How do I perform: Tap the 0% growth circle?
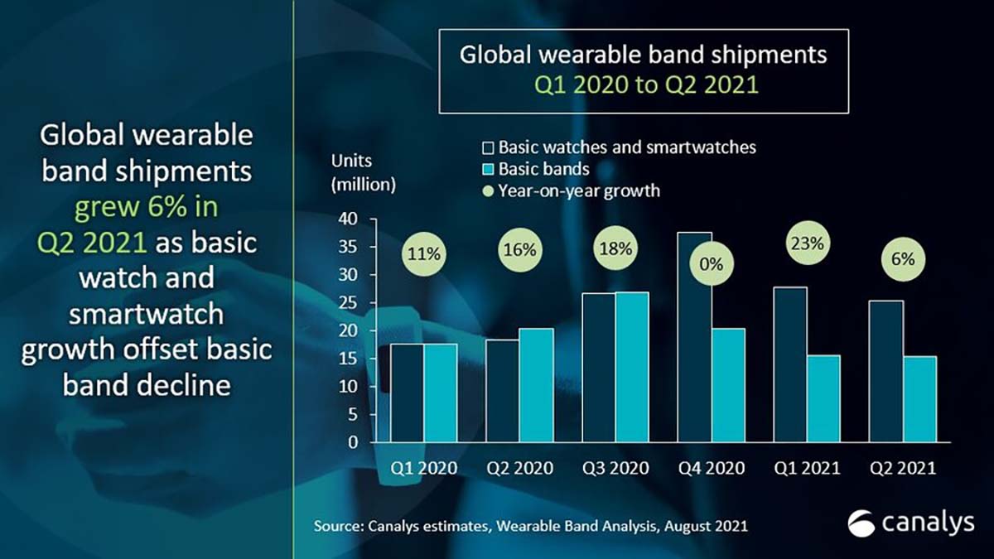(x=712, y=265)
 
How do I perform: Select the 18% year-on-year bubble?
(x=616, y=248)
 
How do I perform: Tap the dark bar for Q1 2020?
(x=408, y=393)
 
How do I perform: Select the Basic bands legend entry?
(x=543, y=169)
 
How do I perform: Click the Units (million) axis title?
(x=363, y=172)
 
